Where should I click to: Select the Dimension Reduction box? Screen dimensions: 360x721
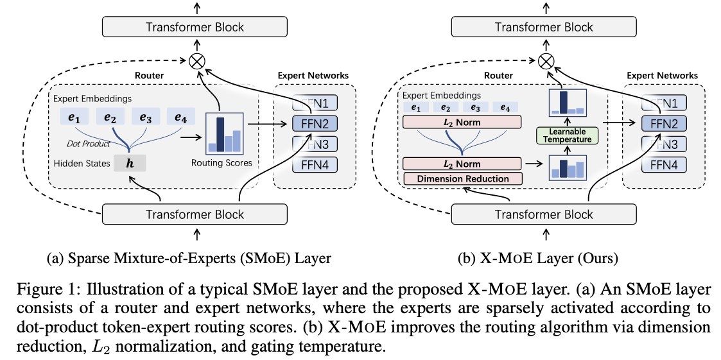[463, 179]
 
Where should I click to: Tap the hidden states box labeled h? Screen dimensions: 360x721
[129, 164]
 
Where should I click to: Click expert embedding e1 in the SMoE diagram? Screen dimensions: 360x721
[74, 118]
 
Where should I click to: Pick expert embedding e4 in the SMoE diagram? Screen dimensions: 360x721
[180, 118]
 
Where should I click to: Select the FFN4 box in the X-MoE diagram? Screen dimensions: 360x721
[665, 165]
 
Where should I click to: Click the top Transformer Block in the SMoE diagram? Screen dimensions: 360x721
[195, 27]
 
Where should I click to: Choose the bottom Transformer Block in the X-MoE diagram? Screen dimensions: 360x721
[545, 215]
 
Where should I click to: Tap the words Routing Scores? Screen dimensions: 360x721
[222, 163]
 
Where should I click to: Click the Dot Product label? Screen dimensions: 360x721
[89, 144]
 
